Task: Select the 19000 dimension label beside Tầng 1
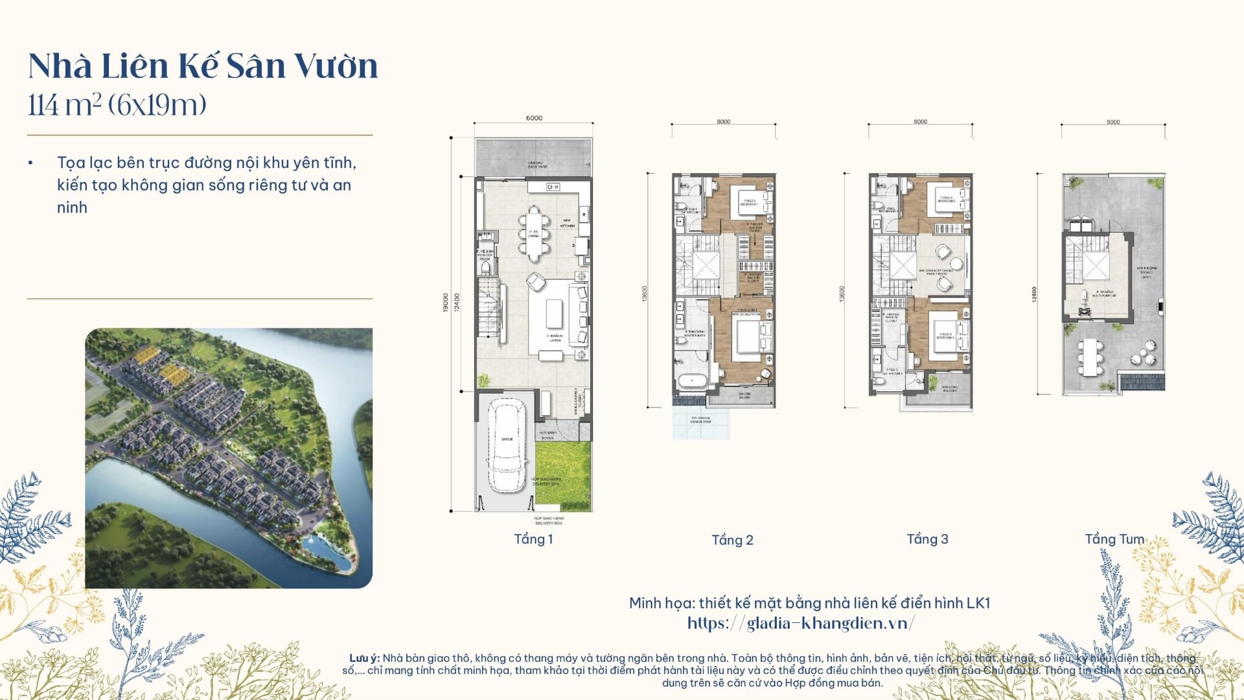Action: [x=446, y=303]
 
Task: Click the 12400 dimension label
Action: [x=457, y=303]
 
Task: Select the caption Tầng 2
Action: [x=732, y=540]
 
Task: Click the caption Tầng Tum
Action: [x=1114, y=539]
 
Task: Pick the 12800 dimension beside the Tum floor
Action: [x=1035, y=294]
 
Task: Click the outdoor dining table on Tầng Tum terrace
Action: [x=1091, y=357]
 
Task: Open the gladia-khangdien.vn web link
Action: [x=801, y=624]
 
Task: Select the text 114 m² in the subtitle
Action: [x=64, y=105]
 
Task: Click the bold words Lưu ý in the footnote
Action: [x=364, y=658]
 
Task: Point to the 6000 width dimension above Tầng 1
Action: [x=534, y=118]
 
